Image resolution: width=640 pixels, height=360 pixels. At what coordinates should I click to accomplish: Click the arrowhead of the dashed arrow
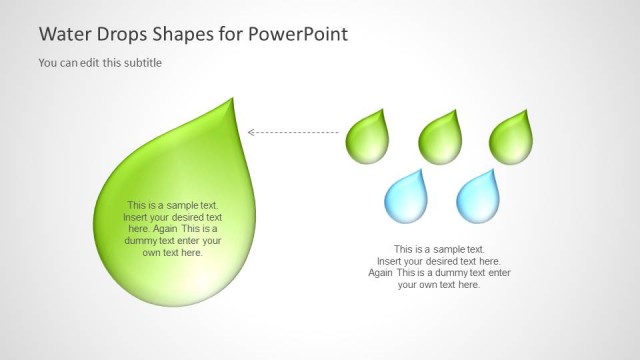click(251, 132)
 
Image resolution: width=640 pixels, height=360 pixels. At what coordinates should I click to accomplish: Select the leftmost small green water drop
click(369, 138)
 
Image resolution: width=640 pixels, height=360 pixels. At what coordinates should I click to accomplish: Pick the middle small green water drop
click(441, 138)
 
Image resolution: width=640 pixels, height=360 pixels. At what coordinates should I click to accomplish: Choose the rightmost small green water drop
click(512, 138)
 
